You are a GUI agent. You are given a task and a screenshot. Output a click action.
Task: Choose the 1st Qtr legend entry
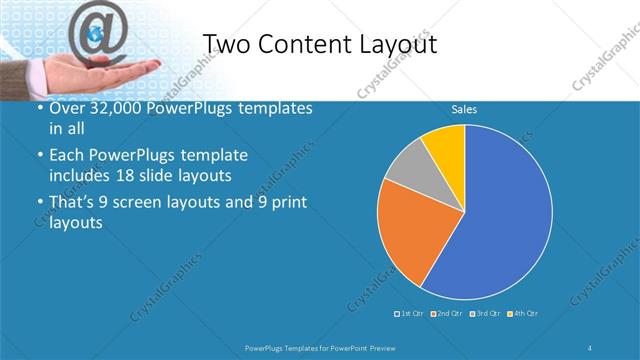[409, 314]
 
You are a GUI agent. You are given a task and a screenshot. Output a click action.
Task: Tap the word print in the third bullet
[286, 203]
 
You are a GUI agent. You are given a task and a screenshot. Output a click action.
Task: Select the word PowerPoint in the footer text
[350, 347]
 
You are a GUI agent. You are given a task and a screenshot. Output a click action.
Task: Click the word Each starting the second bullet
[69, 156]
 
